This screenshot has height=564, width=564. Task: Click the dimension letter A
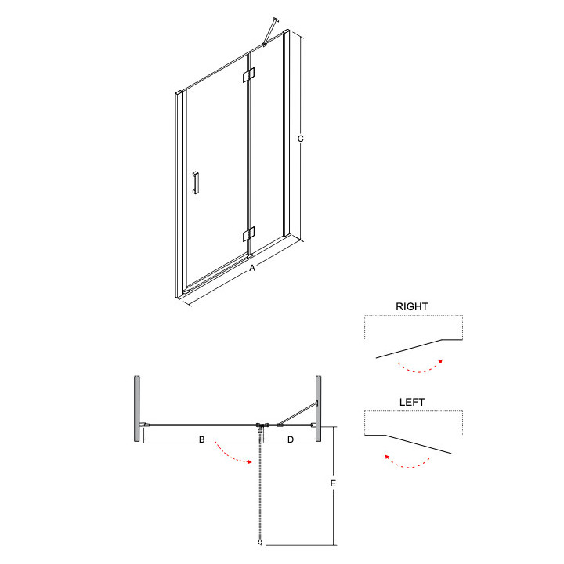point(252,269)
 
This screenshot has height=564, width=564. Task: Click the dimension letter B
point(201,440)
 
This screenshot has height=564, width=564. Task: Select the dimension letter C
point(300,139)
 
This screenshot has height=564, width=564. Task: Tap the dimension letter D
point(290,440)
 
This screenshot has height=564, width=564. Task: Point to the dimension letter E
point(333,484)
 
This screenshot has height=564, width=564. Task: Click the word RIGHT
point(412,306)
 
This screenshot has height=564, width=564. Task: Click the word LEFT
point(412,402)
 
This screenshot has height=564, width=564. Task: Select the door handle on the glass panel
point(197,181)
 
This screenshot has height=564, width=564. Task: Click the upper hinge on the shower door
point(250,75)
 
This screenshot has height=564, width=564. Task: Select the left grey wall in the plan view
point(137,400)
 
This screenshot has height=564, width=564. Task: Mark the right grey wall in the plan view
point(319,400)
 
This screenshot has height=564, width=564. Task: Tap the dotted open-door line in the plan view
point(259,486)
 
